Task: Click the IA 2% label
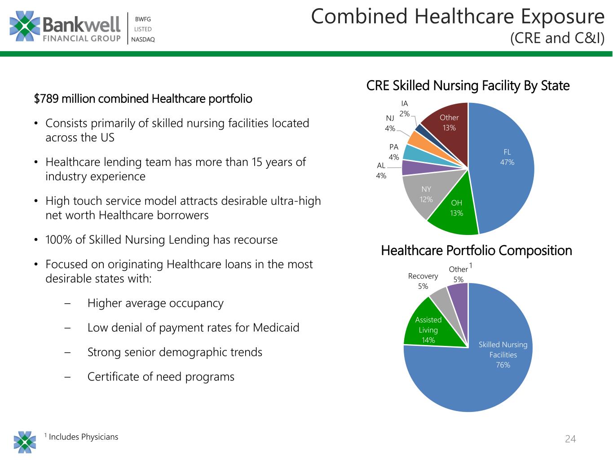coord(405,109)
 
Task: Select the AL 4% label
coord(381,171)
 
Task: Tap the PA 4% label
coord(394,152)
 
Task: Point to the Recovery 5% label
coord(423,281)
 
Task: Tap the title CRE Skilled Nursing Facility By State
coord(467,85)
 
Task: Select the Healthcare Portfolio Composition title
coord(476,250)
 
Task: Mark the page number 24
coord(570,439)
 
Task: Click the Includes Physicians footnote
coord(83,437)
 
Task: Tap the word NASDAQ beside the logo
coord(143,40)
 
